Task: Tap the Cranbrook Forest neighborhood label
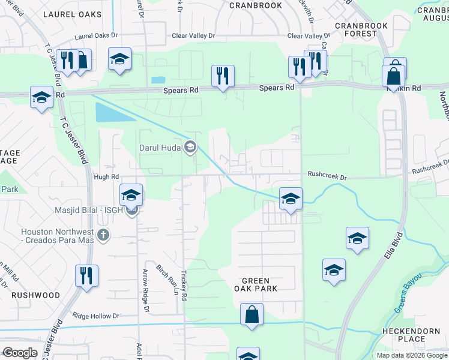(x=356, y=29)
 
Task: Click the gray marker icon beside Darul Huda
(x=190, y=147)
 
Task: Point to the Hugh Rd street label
(x=106, y=177)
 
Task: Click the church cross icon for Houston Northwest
(x=103, y=235)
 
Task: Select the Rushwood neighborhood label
(x=35, y=295)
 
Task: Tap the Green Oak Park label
(x=259, y=284)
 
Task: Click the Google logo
(x=20, y=353)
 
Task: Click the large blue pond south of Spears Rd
(x=108, y=112)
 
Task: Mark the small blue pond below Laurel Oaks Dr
(x=158, y=80)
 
